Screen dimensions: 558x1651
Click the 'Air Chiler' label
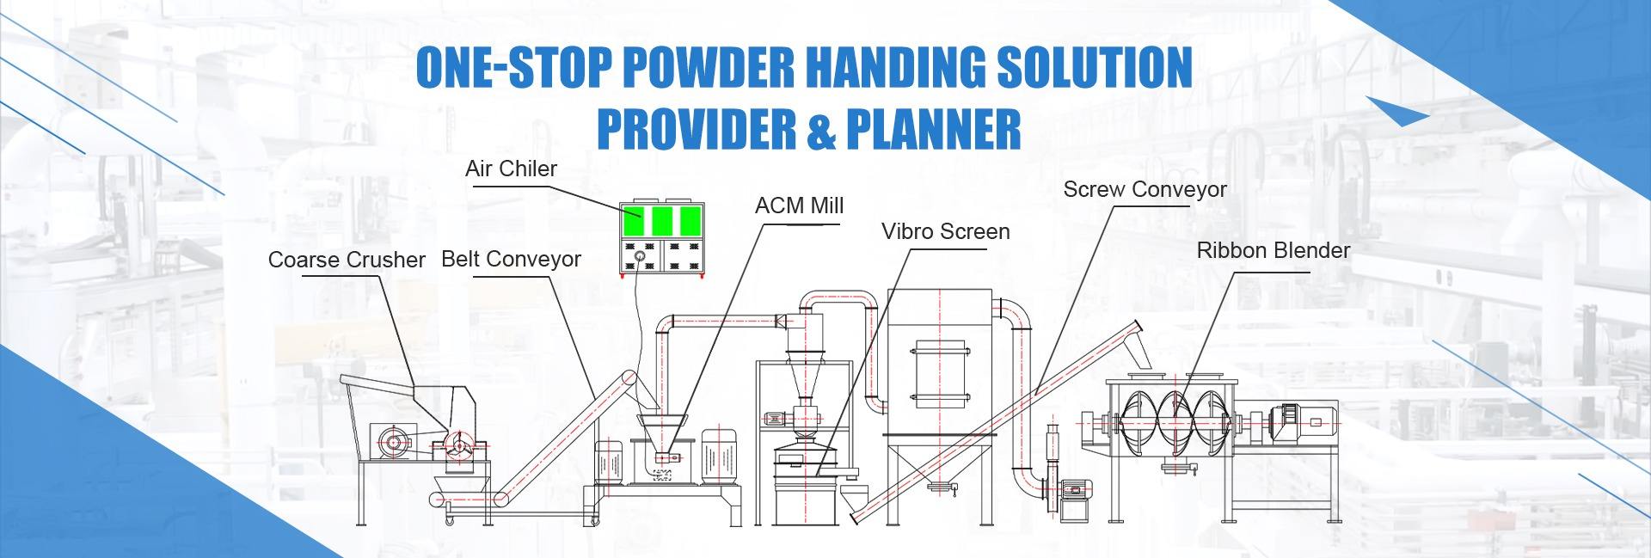[511, 169]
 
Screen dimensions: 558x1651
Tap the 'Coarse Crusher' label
[347, 260]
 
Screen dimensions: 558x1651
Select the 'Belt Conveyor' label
[511, 259]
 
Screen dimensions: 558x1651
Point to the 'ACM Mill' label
[799, 206]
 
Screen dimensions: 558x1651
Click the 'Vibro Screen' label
[945, 231]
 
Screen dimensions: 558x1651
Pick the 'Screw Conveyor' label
[1145, 189]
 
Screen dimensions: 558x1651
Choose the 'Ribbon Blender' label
[1274, 250]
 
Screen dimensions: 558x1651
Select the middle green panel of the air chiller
[661, 221]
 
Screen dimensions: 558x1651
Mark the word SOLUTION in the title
[1095, 68]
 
